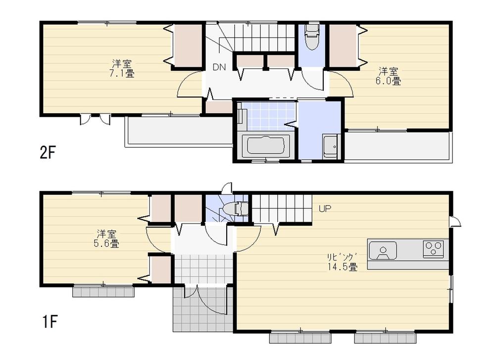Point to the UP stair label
pyautogui.click(x=325, y=208)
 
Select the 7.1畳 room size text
pyautogui.click(x=122, y=74)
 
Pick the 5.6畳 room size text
pyautogui.click(x=107, y=243)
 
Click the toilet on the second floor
pyautogui.click(x=312, y=39)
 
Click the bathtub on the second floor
pyautogui.click(x=265, y=146)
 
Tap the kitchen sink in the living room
pyautogui.click(x=383, y=250)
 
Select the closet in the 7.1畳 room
pyautogui.click(x=188, y=45)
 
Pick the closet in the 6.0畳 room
pyautogui.click(x=343, y=45)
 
